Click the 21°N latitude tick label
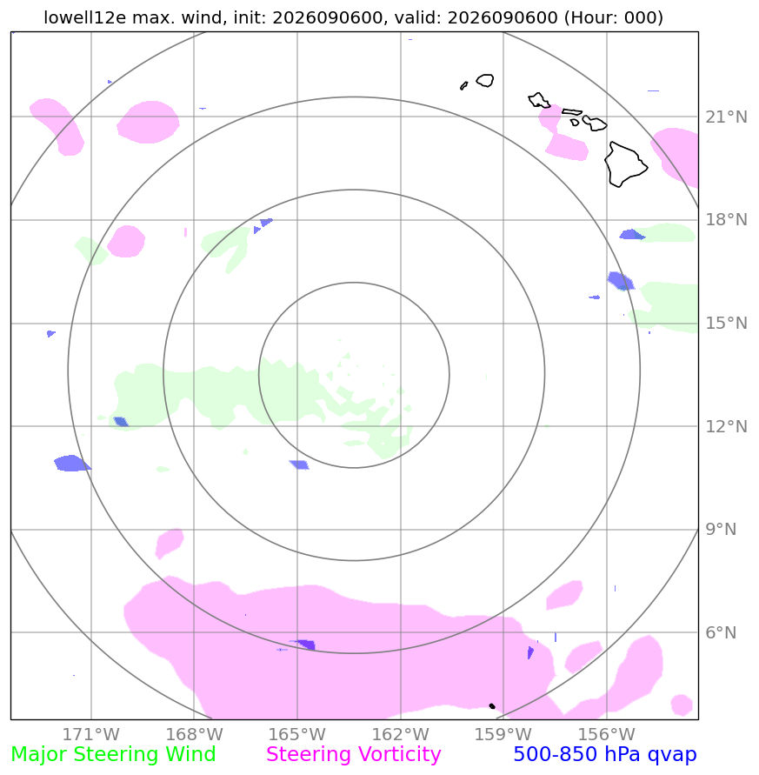coord(726,117)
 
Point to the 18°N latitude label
coord(726,219)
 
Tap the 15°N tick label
coord(726,324)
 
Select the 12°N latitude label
coord(726,426)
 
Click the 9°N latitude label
coord(721,530)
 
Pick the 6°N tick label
coord(721,632)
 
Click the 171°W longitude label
coord(91,734)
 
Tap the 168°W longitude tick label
coord(194,734)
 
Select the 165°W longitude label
coord(297,734)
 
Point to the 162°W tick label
coord(400,734)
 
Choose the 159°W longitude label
coord(503,734)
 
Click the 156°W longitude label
coord(606,734)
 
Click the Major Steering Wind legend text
coord(113,755)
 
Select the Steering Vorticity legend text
coord(353,755)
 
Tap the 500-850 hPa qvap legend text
coord(605,755)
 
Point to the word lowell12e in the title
coord(85,17)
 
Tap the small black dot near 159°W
coord(492,705)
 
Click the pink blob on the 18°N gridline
coord(126,241)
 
